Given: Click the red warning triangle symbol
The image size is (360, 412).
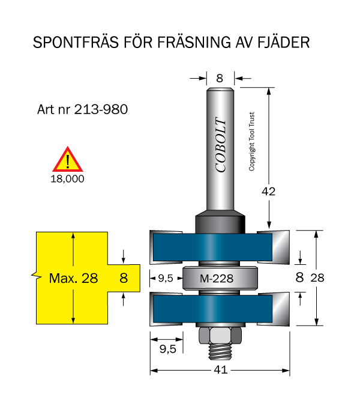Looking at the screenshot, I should point(69,160).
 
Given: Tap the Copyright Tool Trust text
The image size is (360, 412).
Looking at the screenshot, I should point(252,142).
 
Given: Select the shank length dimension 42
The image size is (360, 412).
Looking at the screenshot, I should point(269,192).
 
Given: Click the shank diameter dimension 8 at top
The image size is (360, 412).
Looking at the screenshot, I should point(220,77).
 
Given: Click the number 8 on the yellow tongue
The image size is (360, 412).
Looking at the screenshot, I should point(124,278).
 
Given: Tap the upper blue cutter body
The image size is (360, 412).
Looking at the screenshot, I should point(220,245).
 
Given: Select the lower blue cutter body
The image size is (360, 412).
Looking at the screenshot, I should point(220,309).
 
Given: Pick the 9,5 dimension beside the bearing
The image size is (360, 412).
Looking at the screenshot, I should point(165,278).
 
